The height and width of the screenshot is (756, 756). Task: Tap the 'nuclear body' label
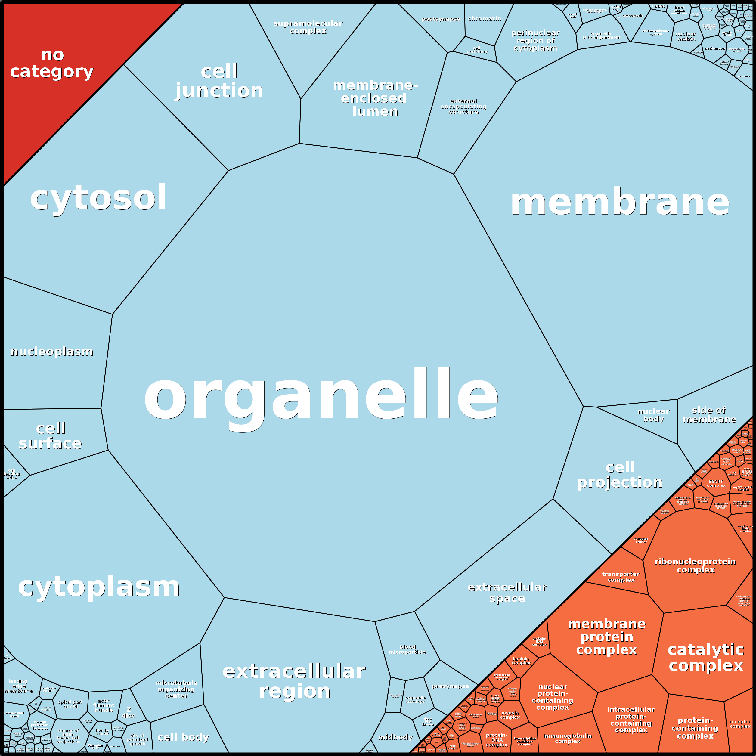coord(653,415)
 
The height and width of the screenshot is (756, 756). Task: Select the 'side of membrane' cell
coord(709,415)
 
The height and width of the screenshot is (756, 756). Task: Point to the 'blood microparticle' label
coord(407,649)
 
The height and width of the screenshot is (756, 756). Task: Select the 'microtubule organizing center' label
coord(176,689)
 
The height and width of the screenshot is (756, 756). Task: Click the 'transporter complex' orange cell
coord(620,577)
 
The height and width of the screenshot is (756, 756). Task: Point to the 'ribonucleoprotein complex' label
coord(695,565)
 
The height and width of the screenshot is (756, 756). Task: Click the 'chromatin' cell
coord(485,19)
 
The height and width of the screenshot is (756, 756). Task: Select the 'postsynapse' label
coord(441,19)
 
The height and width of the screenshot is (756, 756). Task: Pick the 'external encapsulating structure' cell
coord(463,107)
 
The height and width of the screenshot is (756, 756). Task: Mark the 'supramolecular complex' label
coord(308,27)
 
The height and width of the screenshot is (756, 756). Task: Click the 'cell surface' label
coord(51,435)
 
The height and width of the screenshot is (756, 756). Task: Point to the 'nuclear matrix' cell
coord(686,36)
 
